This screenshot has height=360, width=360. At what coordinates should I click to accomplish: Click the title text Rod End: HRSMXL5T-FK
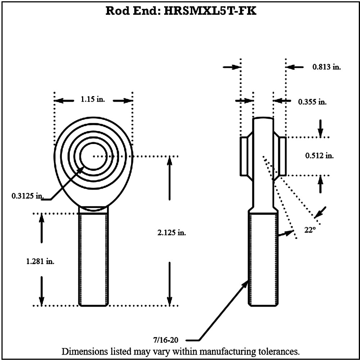coord(181,11)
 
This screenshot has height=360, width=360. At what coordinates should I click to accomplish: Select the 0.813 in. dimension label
coord(326,67)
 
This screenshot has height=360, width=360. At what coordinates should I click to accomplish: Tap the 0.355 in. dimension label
coord(312,102)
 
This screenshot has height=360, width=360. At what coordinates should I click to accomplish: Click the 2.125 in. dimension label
coord(172,233)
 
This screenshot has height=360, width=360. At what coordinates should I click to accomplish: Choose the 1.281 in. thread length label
coord(40,262)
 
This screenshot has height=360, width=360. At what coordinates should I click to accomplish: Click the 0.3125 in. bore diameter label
coord(27,196)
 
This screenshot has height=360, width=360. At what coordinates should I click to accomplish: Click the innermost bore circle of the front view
coord(93,156)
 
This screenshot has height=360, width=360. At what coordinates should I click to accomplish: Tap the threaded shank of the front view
coord(93,259)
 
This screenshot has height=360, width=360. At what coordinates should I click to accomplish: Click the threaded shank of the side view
coord(263,259)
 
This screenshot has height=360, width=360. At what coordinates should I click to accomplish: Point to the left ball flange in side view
coord(244,156)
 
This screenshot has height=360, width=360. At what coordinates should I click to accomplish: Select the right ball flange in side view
coord(282,156)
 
